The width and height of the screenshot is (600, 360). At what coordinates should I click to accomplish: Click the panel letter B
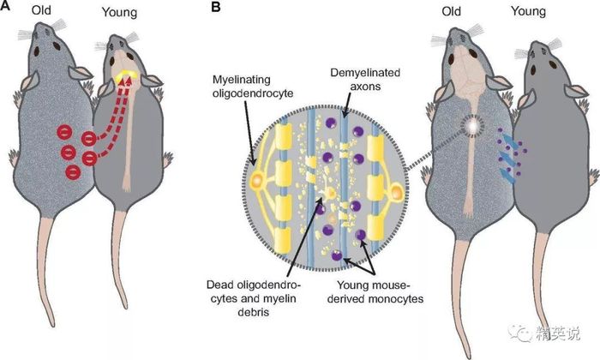(216, 7)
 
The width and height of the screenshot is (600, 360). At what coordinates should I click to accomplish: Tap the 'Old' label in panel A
(41, 10)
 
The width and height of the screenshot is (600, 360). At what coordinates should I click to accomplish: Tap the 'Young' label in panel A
(119, 12)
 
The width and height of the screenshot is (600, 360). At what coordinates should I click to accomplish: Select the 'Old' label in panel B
(452, 11)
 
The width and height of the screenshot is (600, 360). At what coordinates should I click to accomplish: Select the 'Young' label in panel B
(529, 11)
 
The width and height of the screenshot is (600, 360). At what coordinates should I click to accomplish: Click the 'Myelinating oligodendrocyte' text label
(253, 87)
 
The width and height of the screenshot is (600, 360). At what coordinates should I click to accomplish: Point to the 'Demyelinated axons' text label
(365, 79)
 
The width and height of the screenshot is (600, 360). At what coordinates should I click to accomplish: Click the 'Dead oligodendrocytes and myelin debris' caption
(254, 298)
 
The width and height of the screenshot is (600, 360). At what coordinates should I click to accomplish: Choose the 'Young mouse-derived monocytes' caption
(375, 292)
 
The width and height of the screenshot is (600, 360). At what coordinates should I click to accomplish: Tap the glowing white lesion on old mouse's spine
(472, 125)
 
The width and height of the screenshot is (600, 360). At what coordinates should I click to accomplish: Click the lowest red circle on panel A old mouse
(73, 172)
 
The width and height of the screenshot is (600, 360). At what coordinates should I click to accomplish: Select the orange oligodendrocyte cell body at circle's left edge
(256, 179)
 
